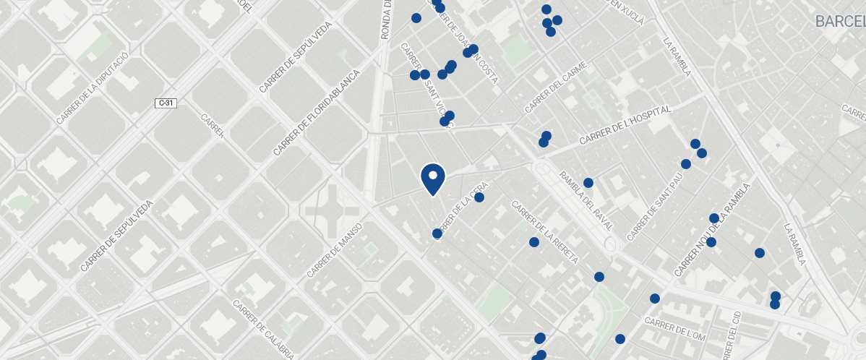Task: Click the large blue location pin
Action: coord(432,179)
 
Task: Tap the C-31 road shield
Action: coord(166,103)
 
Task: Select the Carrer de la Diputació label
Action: coord(92,87)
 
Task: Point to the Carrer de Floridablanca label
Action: coord(317,112)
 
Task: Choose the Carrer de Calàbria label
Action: coord(262,330)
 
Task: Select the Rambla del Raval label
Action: coord(586,200)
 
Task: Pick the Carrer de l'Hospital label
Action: coord(625,124)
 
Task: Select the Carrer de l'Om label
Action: coord(675,330)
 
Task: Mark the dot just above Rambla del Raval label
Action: coord(588,183)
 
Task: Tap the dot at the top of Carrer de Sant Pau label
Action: coord(686,164)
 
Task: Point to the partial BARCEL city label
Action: coord(840,21)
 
